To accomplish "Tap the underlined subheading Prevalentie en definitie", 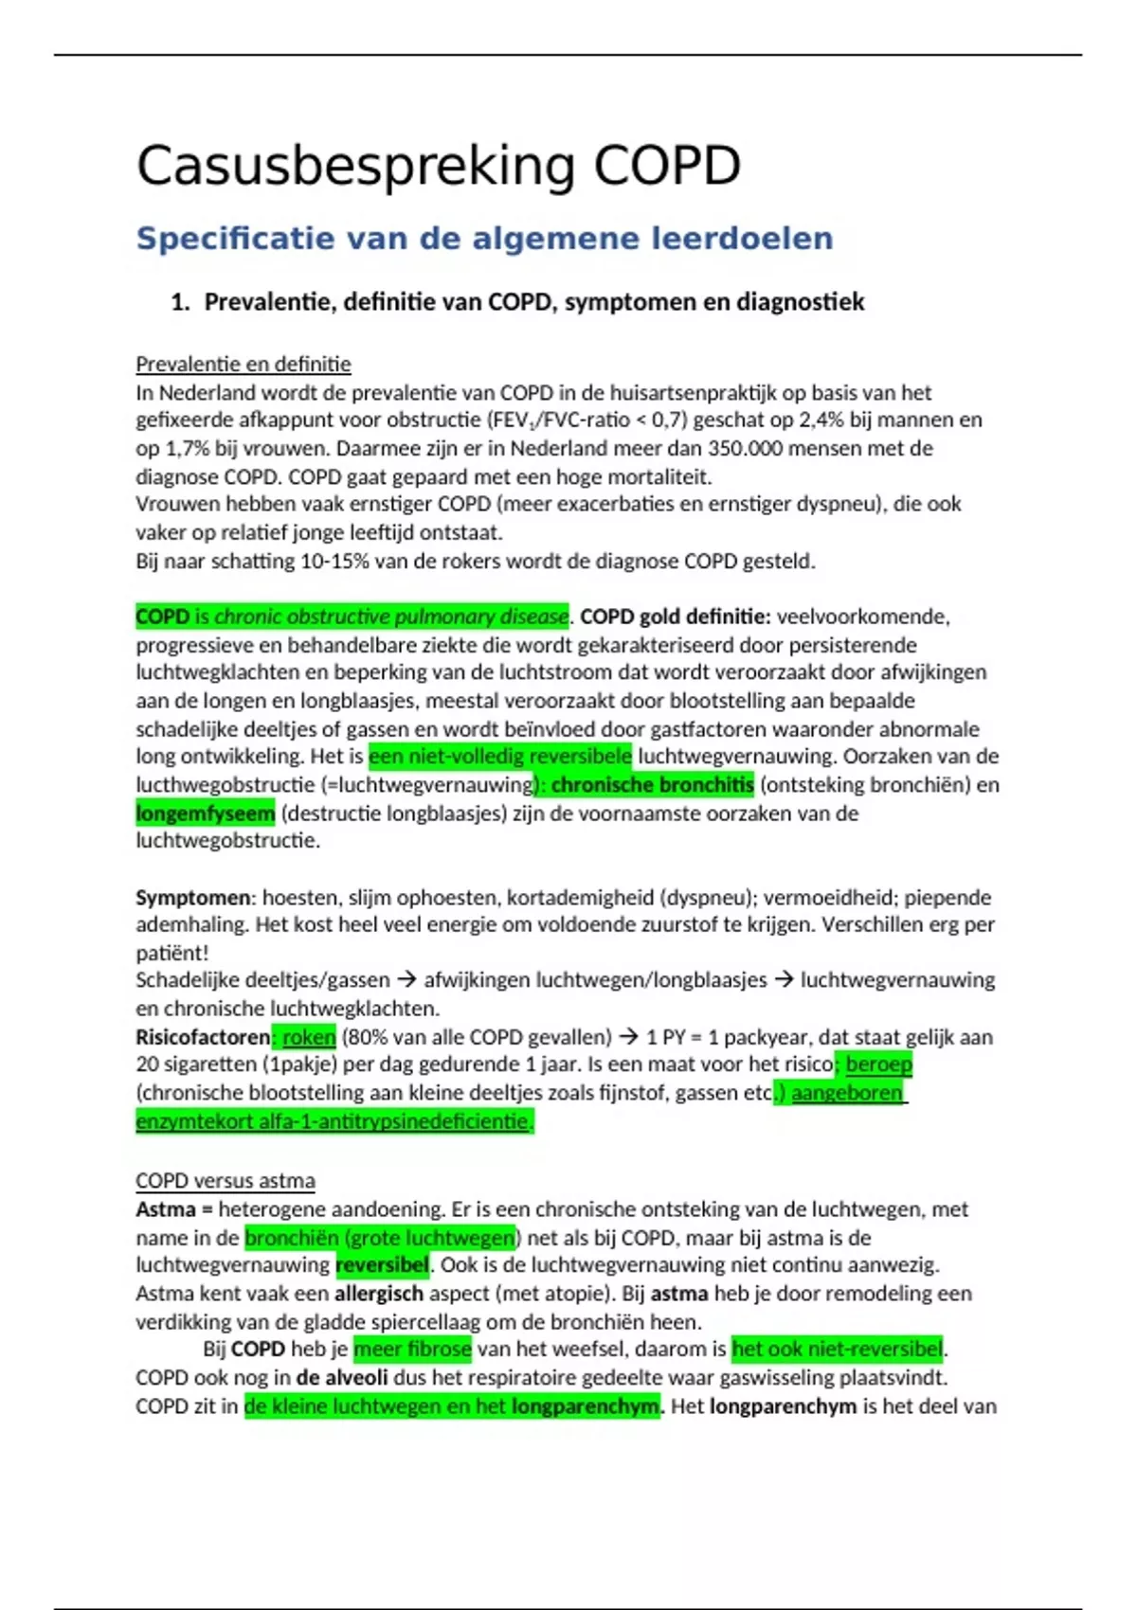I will [243, 365].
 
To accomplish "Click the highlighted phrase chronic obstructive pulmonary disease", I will [391, 617].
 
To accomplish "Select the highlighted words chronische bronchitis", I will [652, 784].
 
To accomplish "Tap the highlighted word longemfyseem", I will [205, 813].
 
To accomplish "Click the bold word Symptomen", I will [192, 897].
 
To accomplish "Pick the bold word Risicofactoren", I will [202, 1037].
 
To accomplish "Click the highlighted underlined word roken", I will [309, 1037].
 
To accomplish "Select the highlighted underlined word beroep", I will [878, 1064].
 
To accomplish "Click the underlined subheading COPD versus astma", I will [225, 1181].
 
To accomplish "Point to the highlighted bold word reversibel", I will [382, 1265].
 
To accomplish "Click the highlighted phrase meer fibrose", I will [412, 1349].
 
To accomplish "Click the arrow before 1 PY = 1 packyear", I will [628, 1037].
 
